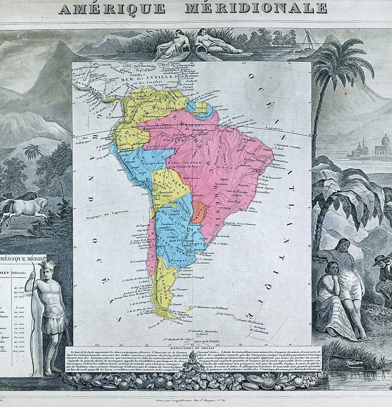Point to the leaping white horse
[25, 208]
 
